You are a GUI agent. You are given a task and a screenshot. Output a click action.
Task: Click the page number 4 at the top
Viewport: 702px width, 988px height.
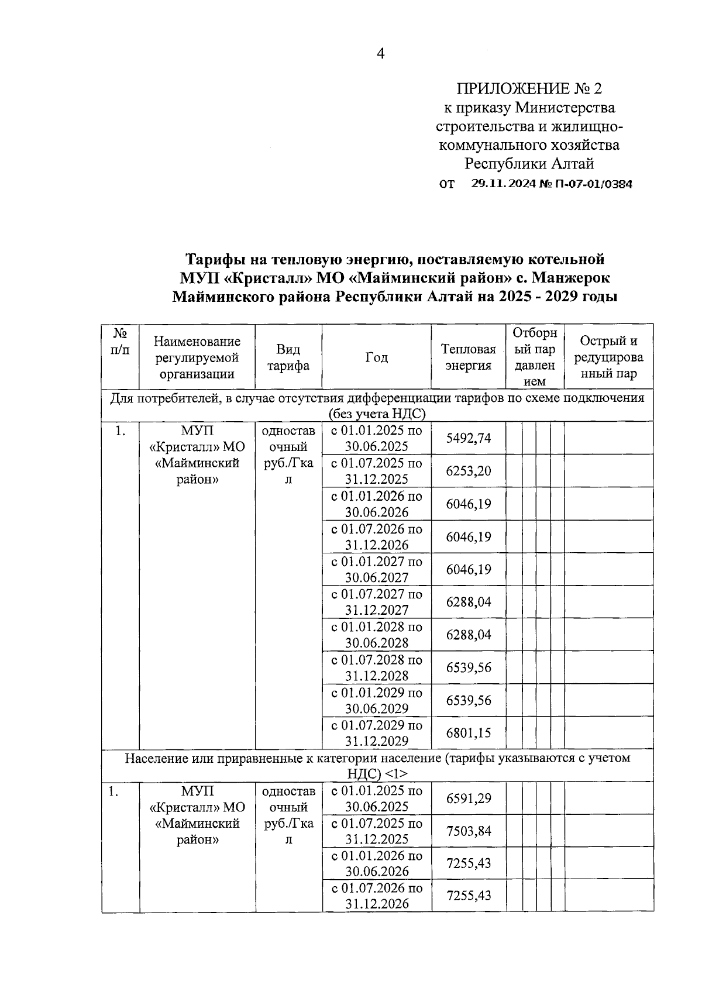pyautogui.click(x=381, y=54)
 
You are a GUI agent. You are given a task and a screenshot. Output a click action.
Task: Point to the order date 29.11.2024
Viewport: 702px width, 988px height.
pyautogui.click(x=503, y=184)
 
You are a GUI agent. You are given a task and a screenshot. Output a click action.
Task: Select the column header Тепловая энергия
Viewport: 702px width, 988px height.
pyautogui.click(x=468, y=357)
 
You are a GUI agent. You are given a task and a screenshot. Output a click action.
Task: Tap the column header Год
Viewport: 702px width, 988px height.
pyautogui.click(x=376, y=357)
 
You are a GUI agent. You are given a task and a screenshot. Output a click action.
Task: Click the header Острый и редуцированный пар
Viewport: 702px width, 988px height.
pyautogui.click(x=608, y=357)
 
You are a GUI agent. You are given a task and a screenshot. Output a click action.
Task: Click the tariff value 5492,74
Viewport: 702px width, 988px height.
pyautogui.click(x=468, y=438)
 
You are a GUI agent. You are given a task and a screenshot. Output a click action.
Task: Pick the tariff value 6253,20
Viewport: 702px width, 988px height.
pyautogui.click(x=468, y=471)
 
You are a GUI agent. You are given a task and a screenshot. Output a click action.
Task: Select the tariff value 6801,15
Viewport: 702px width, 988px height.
pyautogui.click(x=468, y=732)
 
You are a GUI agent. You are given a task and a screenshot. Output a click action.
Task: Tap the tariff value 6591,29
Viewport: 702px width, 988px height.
pyautogui.click(x=468, y=798)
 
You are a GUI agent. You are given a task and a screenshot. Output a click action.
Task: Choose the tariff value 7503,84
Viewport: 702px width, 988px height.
pyautogui.click(x=468, y=831)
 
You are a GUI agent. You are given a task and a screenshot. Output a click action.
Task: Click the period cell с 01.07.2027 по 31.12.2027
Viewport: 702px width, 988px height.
pyautogui.click(x=376, y=602)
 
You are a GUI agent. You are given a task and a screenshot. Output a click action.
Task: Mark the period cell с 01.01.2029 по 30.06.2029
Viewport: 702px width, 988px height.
pyautogui.click(x=376, y=700)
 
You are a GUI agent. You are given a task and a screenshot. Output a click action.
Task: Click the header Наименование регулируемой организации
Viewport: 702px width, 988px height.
pyautogui.click(x=197, y=357)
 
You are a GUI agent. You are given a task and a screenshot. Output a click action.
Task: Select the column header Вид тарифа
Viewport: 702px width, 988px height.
pyautogui.click(x=288, y=357)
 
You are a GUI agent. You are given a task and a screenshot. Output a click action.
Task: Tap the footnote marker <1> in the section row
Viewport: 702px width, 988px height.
pyautogui.click(x=397, y=773)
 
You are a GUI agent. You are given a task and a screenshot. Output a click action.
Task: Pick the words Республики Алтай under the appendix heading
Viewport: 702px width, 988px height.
pyautogui.click(x=529, y=163)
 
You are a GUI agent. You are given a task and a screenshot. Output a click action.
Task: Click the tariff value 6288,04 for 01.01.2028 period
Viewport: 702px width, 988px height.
pyautogui.click(x=468, y=635)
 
